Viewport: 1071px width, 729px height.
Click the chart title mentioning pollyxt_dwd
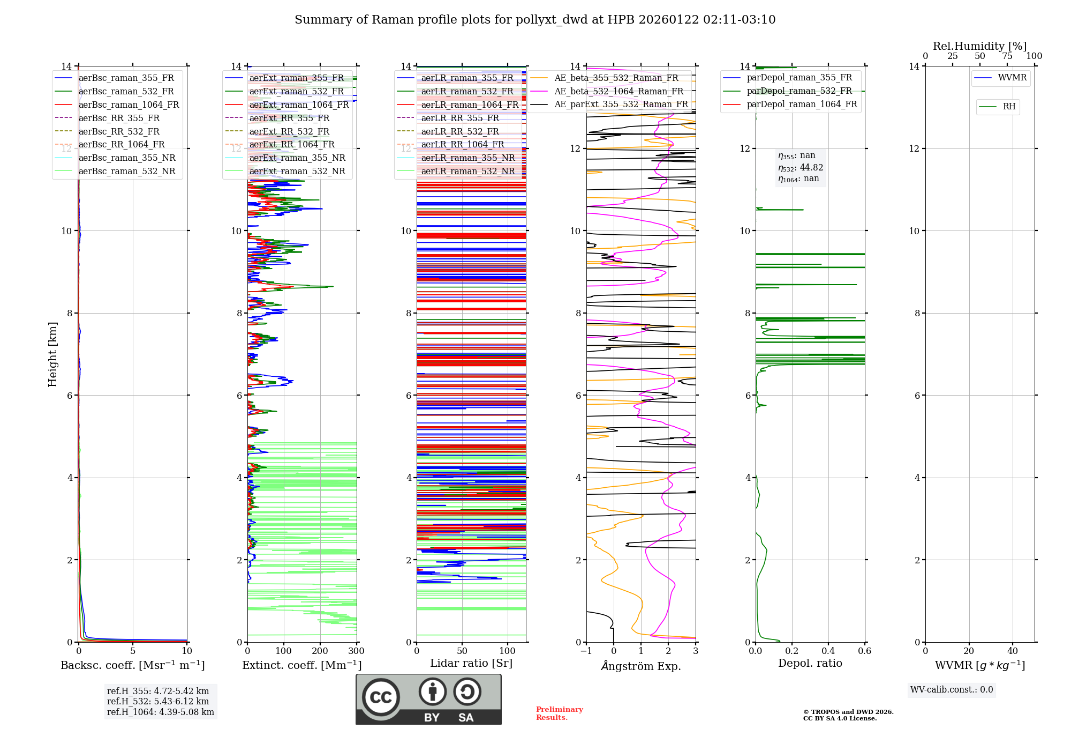(535, 20)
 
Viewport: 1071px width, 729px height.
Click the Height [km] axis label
(52, 354)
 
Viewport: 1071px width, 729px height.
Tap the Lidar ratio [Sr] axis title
(471, 663)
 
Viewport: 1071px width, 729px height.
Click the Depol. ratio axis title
(810, 663)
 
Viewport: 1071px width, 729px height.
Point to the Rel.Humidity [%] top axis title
(979, 46)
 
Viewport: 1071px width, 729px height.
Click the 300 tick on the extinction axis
(356, 651)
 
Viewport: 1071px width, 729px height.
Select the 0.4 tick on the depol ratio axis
(828, 651)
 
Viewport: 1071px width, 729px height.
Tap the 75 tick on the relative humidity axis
(1007, 56)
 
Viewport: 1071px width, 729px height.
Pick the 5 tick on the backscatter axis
(133, 651)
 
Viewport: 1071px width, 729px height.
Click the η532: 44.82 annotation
(801, 168)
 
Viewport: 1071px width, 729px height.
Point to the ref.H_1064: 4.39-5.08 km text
(161, 712)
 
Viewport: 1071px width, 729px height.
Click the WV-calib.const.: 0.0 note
(952, 690)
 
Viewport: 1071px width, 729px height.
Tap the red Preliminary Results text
(559, 713)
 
